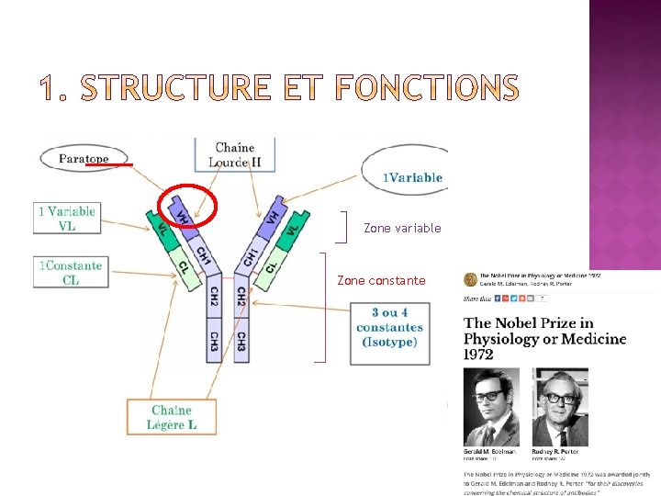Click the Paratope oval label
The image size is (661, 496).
(84, 158)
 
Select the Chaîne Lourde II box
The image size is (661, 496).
(235, 155)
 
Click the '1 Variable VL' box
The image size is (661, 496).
(66, 218)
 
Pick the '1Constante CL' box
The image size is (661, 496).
(70, 273)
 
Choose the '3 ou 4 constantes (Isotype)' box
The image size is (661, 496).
(389, 327)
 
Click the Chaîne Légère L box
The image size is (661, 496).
(173, 417)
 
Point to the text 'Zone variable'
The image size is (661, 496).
(402, 228)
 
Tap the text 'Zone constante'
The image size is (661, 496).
(381, 280)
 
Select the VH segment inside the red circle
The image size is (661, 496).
(184, 213)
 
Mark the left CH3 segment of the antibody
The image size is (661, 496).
(213, 341)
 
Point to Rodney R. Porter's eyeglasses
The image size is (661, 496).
(560, 399)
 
